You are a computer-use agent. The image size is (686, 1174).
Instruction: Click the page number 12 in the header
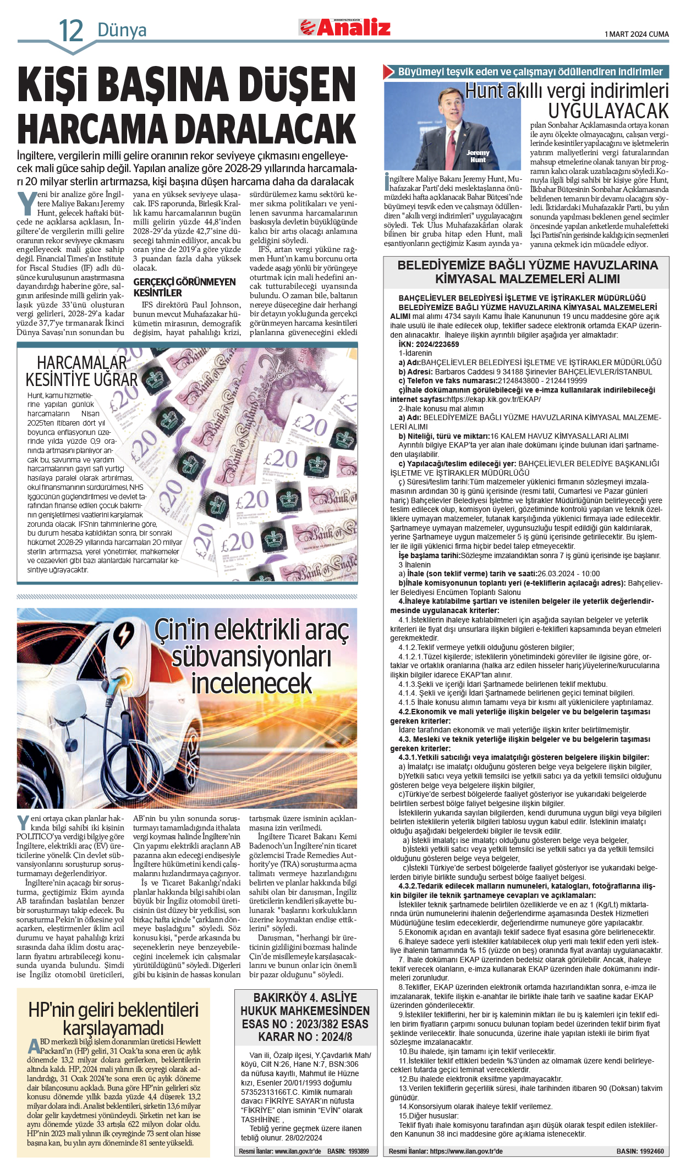[71, 31]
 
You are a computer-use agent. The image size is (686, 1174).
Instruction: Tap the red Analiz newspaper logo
[345, 27]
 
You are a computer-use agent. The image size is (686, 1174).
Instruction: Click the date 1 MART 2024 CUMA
[636, 34]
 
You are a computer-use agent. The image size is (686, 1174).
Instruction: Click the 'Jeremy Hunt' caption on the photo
[478, 156]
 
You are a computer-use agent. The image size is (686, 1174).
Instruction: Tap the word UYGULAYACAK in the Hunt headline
[608, 111]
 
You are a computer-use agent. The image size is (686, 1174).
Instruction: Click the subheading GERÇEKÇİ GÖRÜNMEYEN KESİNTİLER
[184, 287]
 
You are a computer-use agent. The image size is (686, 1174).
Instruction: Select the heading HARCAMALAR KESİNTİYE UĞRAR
[81, 372]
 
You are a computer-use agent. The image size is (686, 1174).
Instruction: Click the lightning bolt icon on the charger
[124, 633]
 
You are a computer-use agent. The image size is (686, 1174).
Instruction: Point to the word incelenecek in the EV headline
[251, 684]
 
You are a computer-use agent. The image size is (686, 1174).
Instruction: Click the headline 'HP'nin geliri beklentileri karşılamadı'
[113, 1018]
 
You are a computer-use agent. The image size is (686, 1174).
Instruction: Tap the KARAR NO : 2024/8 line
[305, 1037]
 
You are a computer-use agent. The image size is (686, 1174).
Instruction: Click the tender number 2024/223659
[437, 344]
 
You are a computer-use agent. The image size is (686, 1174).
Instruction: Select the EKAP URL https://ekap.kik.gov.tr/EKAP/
[493, 399]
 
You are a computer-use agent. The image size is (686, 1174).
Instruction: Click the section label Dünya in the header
[122, 30]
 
